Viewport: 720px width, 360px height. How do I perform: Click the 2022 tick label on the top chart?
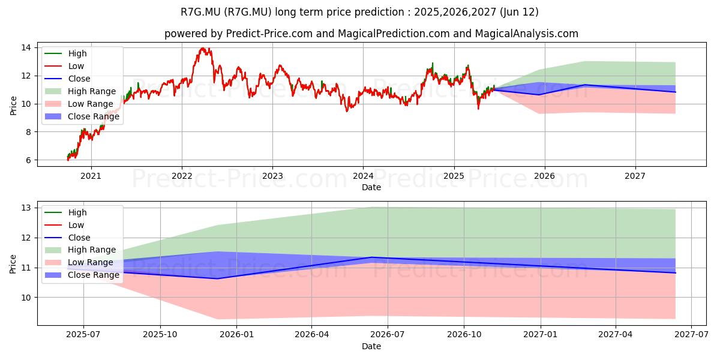(182, 176)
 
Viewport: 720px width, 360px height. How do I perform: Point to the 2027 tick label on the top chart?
(635, 176)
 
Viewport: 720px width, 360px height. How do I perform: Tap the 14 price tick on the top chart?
(26, 48)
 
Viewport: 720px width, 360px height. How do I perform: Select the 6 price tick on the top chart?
(29, 160)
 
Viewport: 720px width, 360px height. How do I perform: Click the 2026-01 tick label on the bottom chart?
(236, 334)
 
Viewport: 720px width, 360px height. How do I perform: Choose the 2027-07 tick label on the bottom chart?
(691, 334)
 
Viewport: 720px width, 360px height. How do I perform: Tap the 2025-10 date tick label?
(160, 334)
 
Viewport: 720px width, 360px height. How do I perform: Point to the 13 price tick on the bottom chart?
(26, 208)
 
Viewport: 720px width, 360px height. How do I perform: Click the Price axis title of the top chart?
(13, 106)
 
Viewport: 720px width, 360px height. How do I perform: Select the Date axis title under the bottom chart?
(371, 346)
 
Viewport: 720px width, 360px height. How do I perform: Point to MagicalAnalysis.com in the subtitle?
(527, 34)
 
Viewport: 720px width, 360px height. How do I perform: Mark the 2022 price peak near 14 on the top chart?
(203, 48)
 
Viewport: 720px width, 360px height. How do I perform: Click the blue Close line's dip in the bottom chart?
(217, 278)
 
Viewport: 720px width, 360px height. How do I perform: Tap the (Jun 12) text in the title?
(519, 12)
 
